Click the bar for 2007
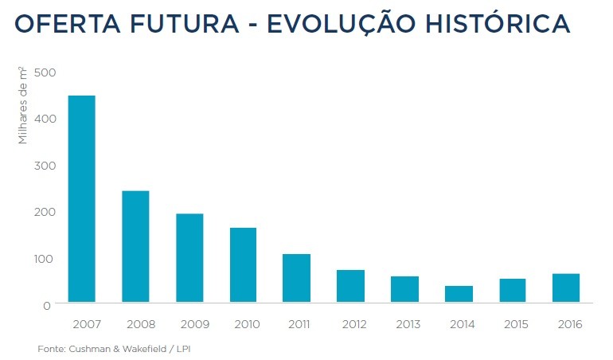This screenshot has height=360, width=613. (x=82, y=199)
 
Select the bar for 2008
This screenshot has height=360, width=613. (x=135, y=247)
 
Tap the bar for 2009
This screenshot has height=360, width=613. (x=189, y=258)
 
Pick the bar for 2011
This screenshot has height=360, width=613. (x=297, y=278)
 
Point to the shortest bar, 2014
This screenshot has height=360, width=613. (x=459, y=294)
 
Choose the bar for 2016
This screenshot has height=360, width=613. (x=566, y=288)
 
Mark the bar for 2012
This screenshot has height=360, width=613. (x=350, y=286)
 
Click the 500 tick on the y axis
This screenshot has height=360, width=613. (x=45, y=72)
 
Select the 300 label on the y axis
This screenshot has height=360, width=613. (x=45, y=166)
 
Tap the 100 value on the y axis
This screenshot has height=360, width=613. (x=45, y=259)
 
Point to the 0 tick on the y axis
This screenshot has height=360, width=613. (x=48, y=305)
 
